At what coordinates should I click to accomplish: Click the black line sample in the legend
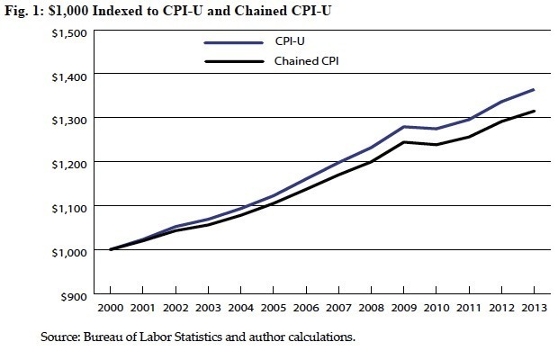(233, 61)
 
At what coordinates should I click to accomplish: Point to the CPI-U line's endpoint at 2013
(534, 90)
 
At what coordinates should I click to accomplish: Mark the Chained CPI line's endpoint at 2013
(534, 112)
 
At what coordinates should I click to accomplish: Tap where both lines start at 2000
(110, 249)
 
